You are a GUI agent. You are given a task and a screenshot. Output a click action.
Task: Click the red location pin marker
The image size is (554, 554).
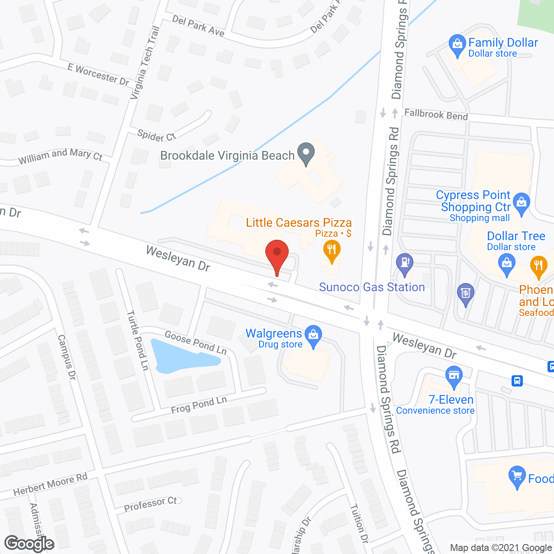click(x=277, y=253)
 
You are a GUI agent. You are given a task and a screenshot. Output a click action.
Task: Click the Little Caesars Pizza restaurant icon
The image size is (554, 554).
click(x=332, y=251)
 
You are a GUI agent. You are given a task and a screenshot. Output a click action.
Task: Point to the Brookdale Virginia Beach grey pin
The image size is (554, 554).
click(x=306, y=153)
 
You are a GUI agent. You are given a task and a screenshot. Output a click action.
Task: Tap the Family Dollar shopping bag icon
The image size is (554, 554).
click(x=457, y=45)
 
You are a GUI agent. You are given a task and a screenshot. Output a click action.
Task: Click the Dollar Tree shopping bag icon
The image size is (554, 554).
click(x=506, y=264)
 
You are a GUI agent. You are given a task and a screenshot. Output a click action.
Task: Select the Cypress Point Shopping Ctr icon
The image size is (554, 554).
click(x=522, y=203)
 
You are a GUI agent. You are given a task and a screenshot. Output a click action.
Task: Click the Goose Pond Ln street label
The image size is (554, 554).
click(x=196, y=342)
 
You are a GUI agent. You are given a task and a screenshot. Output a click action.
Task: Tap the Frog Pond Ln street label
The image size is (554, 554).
click(x=199, y=405)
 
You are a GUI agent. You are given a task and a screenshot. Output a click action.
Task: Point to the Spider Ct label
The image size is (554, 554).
click(x=156, y=135)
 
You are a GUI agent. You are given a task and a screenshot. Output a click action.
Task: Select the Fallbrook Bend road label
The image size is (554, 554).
click(x=436, y=115)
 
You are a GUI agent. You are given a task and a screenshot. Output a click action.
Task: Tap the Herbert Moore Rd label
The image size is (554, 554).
click(x=50, y=484)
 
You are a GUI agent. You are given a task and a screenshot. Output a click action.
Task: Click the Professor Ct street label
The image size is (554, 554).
click(x=150, y=504)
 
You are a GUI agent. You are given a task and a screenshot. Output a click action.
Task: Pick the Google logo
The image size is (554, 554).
click(x=29, y=544)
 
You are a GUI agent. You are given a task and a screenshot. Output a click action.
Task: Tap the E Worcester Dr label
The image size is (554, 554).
click(x=98, y=74)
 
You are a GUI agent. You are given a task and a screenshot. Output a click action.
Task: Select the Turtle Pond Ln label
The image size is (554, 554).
click(x=138, y=340)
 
